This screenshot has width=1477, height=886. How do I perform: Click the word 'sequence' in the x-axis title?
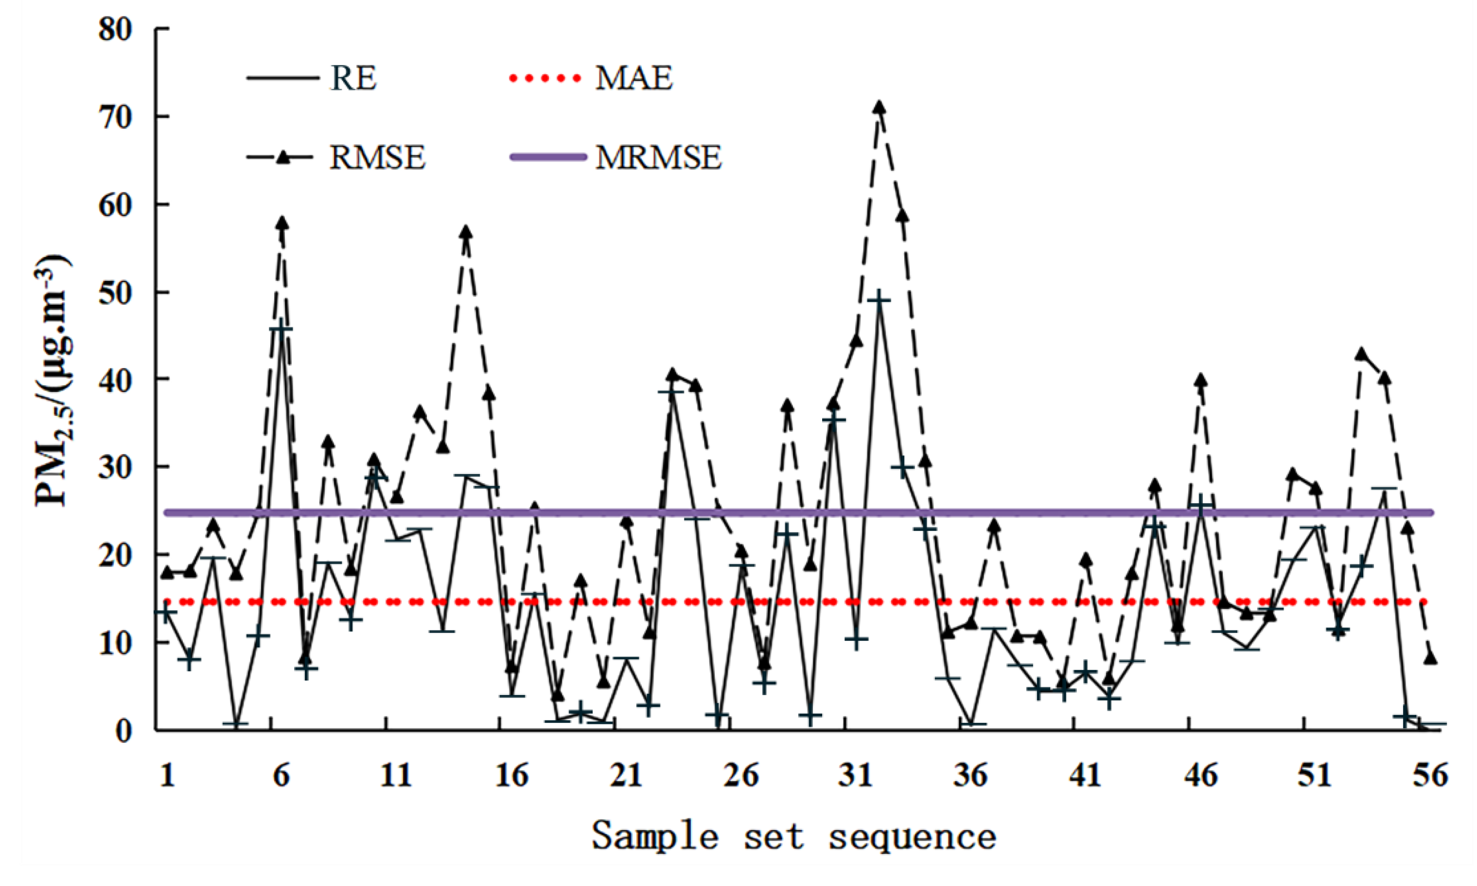tap(913, 837)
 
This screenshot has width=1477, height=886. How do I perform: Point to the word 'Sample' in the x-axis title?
tap(655, 837)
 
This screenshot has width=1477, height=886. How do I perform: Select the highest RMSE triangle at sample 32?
tap(879, 108)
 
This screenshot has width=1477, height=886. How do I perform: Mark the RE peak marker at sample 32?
tap(879, 300)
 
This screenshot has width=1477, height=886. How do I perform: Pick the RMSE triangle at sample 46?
tap(1201, 381)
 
